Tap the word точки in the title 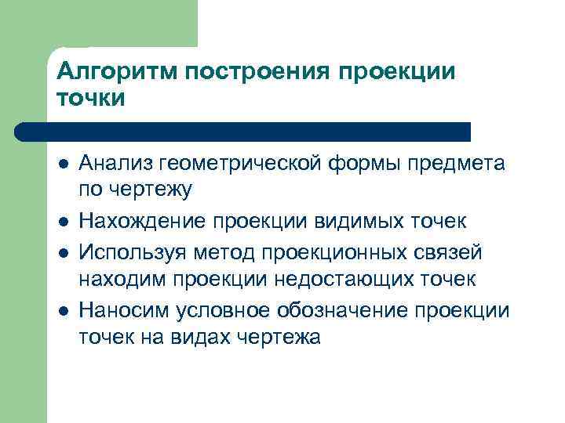(91, 99)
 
